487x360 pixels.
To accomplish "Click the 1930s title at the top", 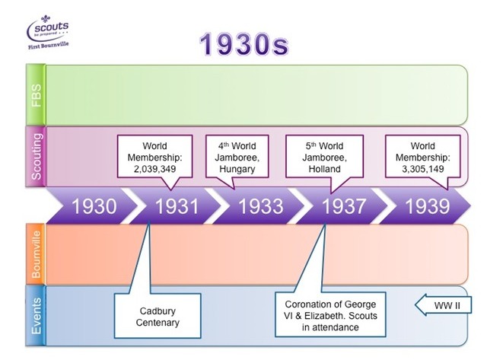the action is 243,44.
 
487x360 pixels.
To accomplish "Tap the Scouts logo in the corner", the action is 48,32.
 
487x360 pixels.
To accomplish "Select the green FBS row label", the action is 36,94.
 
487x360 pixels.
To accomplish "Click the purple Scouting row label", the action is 36,156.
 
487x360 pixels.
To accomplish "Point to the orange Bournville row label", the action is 36,254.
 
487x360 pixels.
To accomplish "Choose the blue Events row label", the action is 36,316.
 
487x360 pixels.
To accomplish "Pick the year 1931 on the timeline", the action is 177,206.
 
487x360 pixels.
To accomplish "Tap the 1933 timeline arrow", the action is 259,205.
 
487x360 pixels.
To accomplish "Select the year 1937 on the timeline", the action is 343,206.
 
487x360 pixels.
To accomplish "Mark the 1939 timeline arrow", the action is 425,205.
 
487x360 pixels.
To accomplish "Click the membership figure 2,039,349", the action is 154,169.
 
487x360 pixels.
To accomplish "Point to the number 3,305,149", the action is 423,169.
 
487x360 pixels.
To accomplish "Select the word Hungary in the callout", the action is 237,169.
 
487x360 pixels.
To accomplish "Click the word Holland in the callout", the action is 324,169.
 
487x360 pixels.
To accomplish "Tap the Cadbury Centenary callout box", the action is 158,316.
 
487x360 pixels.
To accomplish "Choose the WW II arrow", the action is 443,305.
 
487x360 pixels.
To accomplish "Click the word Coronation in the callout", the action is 307,304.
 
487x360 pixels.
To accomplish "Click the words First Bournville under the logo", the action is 48,46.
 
